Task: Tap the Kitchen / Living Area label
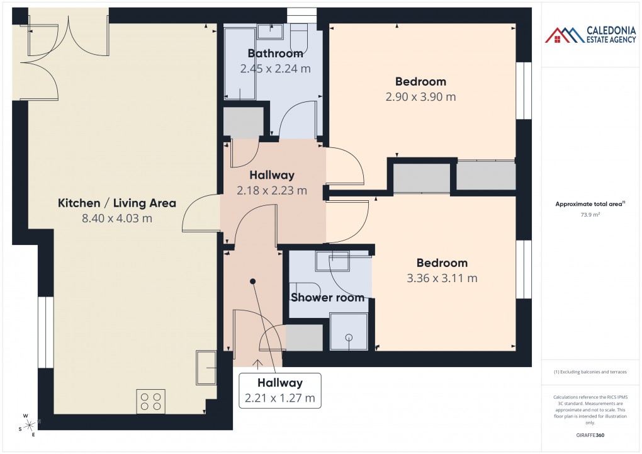[x=116, y=203]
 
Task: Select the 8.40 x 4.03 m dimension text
[x=116, y=218]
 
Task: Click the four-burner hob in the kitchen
[x=151, y=402]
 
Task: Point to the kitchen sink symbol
[x=206, y=367]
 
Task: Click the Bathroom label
[x=275, y=54]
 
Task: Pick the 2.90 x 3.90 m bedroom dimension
[x=420, y=97]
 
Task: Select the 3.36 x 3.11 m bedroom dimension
[x=441, y=278]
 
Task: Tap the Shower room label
[x=327, y=297]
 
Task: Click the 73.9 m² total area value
[x=589, y=215]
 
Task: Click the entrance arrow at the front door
[x=257, y=363]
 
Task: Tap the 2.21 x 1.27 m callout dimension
[x=280, y=398]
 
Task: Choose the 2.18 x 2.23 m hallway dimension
[x=272, y=190]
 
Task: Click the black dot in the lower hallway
[x=253, y=281]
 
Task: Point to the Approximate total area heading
[x=589, y=203]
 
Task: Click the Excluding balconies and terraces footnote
[x=589, y=372]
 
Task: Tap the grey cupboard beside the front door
[x=305, y=338]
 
